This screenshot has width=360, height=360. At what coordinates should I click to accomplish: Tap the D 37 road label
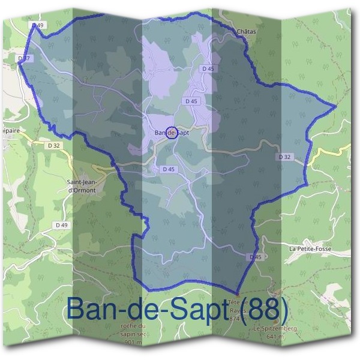[25, 58]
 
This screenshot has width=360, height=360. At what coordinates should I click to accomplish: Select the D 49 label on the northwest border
[37, 25]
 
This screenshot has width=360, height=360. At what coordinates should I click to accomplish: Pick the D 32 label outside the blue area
[53, 145]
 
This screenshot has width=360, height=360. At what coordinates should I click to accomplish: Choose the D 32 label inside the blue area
[284, 157]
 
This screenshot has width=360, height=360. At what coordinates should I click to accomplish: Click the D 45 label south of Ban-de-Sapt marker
[169, 170]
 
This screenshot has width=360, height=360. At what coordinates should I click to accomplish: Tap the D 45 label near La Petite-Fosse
[256, 257]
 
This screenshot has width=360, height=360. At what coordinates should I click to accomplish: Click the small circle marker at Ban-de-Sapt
[171, 133]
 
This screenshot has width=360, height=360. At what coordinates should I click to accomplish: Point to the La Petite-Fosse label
[310, 248]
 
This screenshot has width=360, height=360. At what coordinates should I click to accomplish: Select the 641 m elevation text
[275, 337]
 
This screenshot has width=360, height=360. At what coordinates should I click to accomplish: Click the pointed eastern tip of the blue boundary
[335, 107]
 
